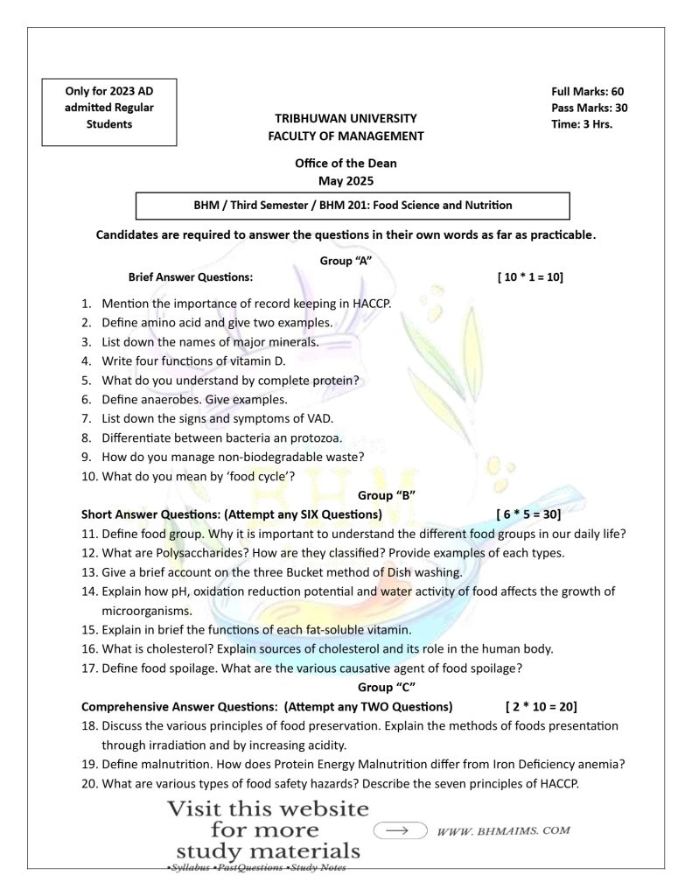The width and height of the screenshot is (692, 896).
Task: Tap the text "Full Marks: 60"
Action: [x=587, y=92]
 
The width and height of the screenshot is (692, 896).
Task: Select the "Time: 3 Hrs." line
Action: [x=582, y=123]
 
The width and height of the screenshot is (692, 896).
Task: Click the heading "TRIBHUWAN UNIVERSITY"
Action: [x=346, y=118]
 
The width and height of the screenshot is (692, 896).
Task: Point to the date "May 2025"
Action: [x=346, y=181]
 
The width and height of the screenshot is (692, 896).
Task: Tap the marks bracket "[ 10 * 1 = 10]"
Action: [x=530, y=277]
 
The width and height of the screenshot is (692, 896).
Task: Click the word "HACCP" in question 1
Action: [x=371, y=304]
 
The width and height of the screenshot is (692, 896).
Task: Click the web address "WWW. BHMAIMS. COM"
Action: [x=503, y=829]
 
